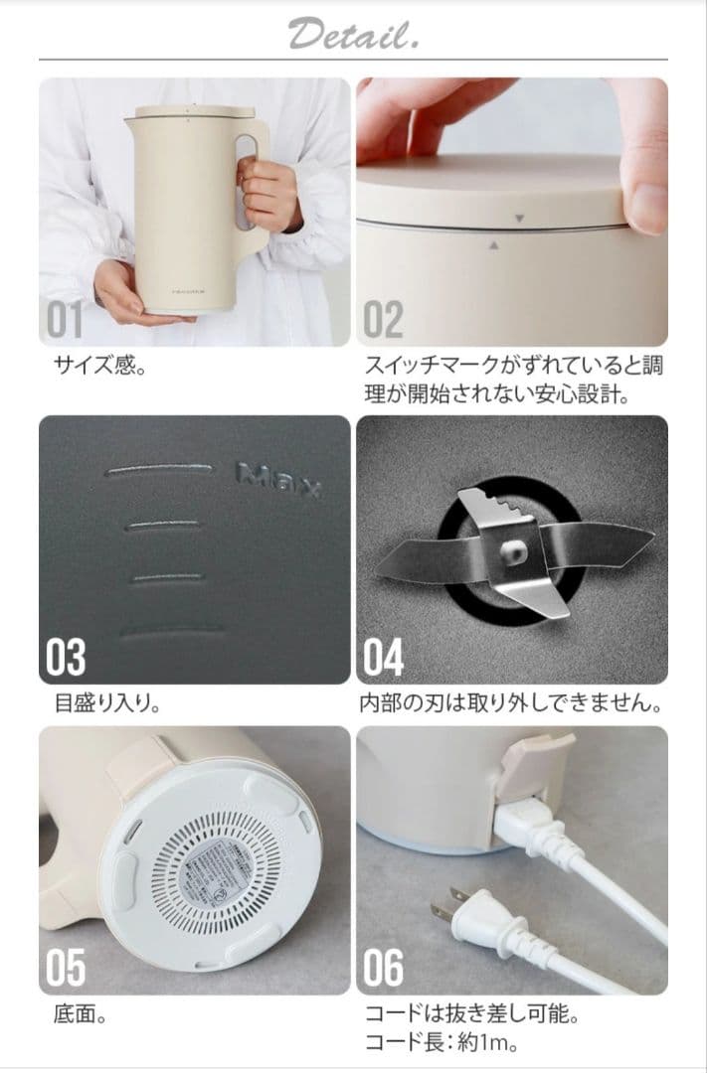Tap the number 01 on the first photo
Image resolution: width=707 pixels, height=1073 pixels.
click(x=67, y=321)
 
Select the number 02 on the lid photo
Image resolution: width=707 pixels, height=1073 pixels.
click(x=384, y=321)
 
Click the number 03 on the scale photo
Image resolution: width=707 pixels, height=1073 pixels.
click(x=67, y=658)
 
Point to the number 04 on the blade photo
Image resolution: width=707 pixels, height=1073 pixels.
click(x=385, y=658)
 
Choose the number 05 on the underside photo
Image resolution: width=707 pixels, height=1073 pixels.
click(x=67, y=968)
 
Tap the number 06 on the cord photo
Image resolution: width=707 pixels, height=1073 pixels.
click(x=385, y=968)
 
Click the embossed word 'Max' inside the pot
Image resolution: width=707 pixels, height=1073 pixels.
click(x=277, y=480)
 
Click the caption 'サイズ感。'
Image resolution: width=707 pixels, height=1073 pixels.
click(x=99, y=367)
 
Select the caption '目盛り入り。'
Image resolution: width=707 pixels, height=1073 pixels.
click(x=107, y=704)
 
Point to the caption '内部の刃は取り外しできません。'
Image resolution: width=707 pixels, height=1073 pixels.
click(x=510, y=704)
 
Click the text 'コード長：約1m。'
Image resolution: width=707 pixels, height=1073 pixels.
click(x=442, y=1043)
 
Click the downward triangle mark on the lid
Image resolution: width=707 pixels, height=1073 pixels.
click(x=518, y=217)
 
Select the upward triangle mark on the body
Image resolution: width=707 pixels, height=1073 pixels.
click(x=494, y=241)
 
